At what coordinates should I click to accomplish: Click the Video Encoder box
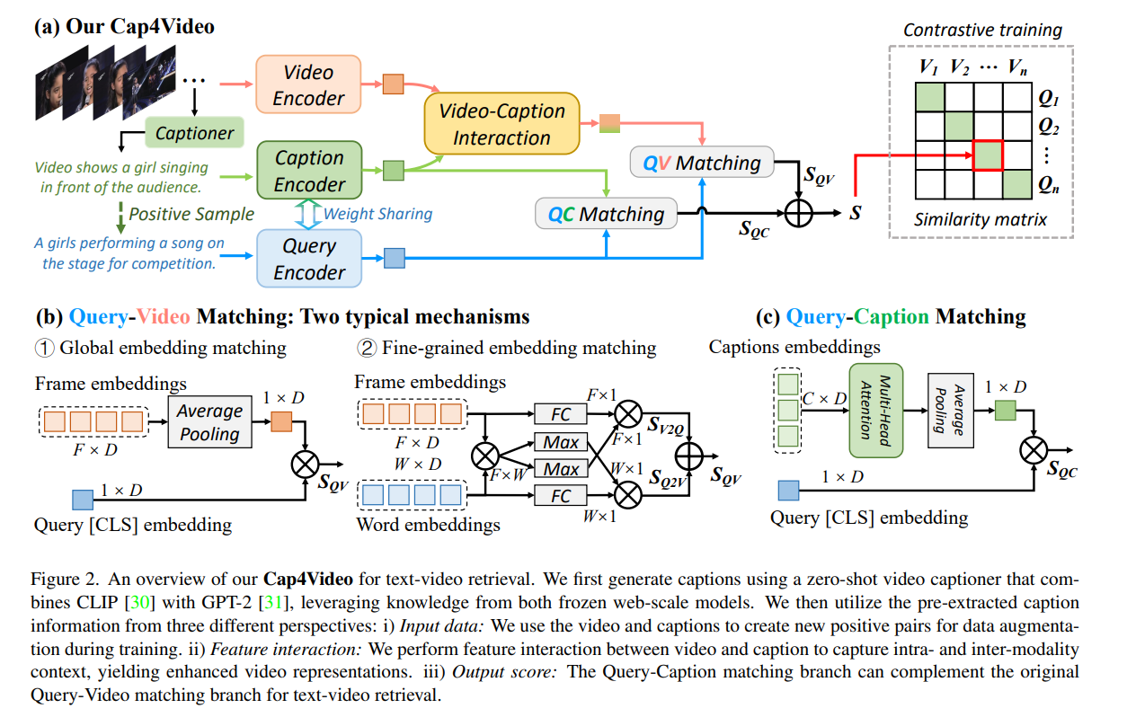308,84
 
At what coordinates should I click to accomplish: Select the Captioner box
194,133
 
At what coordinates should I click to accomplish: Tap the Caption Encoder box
309,171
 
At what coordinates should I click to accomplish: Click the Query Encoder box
309,259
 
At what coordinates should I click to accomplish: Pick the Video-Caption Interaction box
501,124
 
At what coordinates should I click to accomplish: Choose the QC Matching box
606,214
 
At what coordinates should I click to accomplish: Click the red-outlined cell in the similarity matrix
989,155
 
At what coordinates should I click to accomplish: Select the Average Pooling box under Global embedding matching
209,422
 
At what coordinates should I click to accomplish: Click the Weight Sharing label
377,214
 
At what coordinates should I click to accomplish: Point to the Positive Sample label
191,214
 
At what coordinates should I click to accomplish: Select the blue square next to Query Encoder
394,258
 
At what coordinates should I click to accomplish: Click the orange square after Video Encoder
394,84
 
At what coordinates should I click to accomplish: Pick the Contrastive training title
982,31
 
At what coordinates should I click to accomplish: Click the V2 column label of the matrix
958,66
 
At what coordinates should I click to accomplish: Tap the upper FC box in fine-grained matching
561,414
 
